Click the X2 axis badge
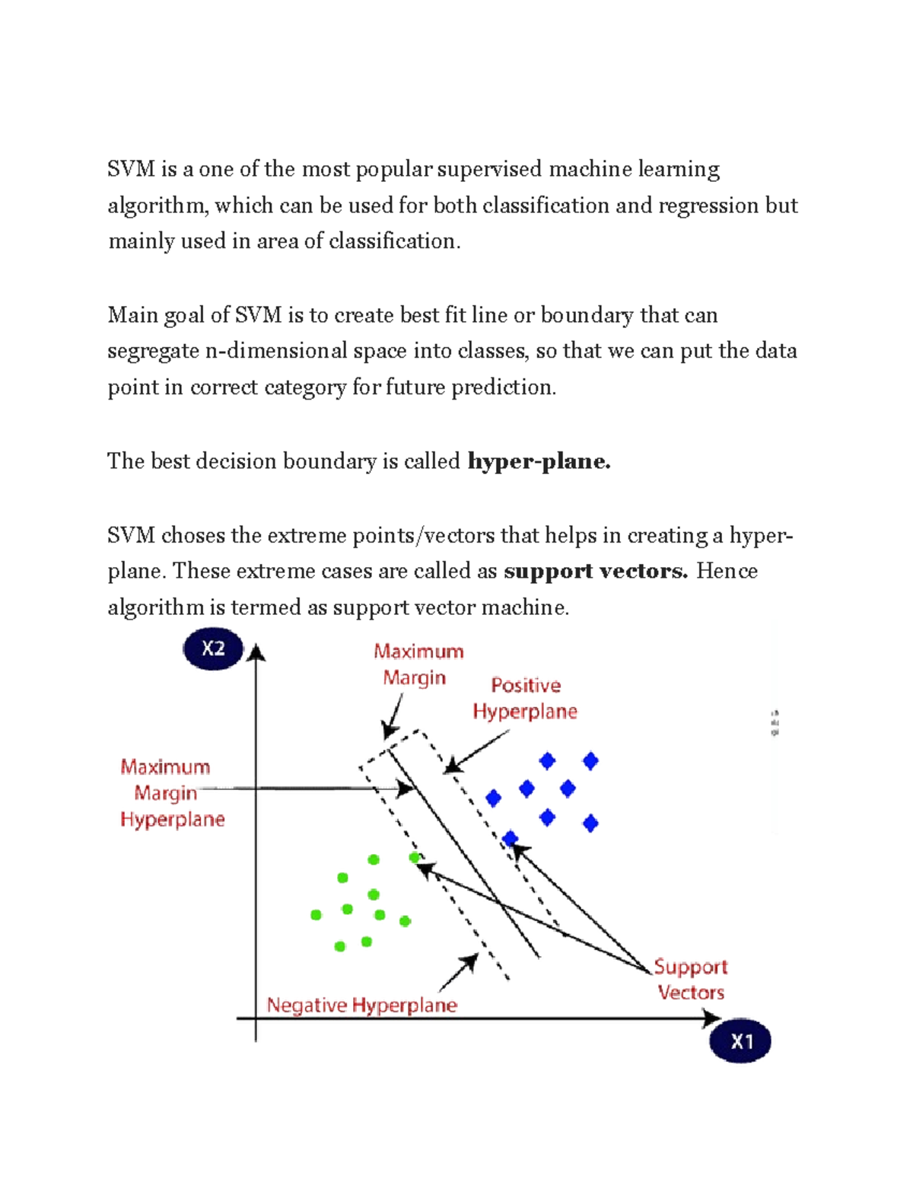pyautogui.click(x=213, y=648)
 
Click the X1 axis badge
pyautogui.click(x=740, y=1041)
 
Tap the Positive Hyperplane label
pyautogui.click(x=525, y=699)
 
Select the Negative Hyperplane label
pyautogui.click(x=361, y=1005)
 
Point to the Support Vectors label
pyautogui.click(x=691, y=980)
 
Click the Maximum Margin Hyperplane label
pyautogui.click(x=172, y=793)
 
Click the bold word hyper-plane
pyautogui.click(x=539, y=461)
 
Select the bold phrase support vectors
pyautogui.click(x=596, y=572)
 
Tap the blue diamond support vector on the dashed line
pyautogui.click(x=510, y=839)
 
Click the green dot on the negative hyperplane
pyautogui.click(x=415, y=858)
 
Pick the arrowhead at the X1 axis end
pyautogui.click(x=713, y=1018)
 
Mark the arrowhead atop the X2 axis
pyautogui.click(x=256, y=653)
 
